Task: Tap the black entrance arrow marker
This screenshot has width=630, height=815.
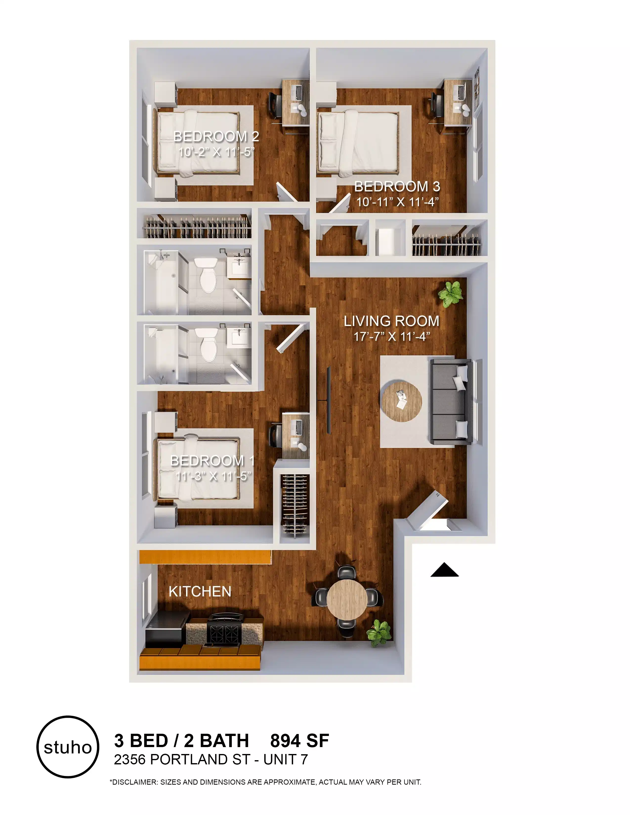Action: click(444, 570)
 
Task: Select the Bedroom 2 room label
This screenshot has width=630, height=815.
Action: click(216, 137)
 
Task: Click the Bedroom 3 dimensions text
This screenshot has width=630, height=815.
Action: click(397, 202)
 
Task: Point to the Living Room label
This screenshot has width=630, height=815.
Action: click(391, 321)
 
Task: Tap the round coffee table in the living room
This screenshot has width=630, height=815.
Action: click(401, 401)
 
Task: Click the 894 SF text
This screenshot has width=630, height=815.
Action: click(300, 741)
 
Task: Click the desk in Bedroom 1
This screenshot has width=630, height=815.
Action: click(295, 435)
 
